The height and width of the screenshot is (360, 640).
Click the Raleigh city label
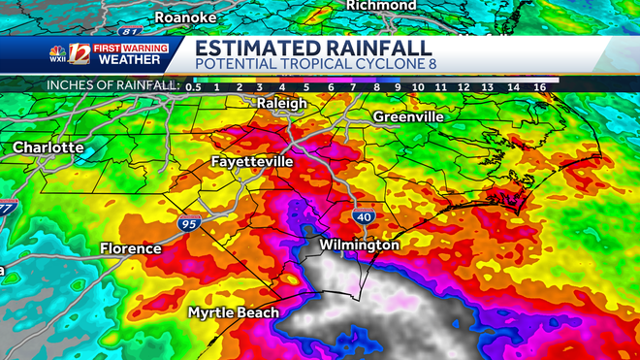(x=281, y=103)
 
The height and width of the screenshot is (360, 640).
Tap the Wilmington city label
(x=360, y=245)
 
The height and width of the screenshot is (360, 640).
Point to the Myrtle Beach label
(x=233, y=312)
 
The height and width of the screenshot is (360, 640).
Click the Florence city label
(x=131, y=249)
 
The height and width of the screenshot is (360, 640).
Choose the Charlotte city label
(x=48, y=147)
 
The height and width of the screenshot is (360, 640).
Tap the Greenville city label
(x=408, y=116)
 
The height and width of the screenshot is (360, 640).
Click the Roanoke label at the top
(x=193, y=16)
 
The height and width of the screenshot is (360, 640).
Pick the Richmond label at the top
(x=381, y=6)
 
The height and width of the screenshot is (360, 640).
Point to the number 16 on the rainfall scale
(x=539, y=87)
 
